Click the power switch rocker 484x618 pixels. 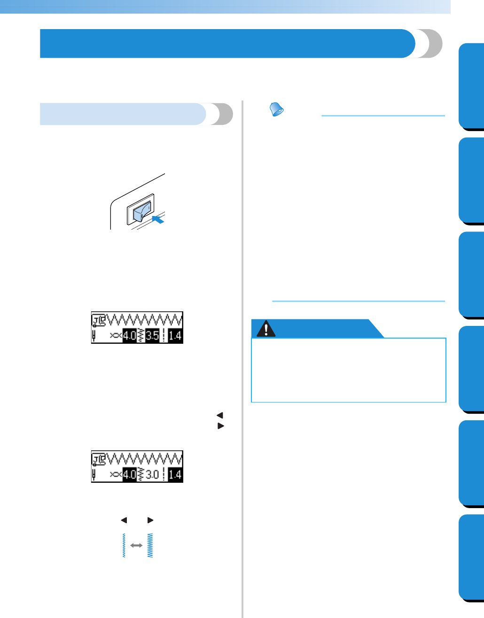[x=141, y=212]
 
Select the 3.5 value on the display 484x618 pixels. [x=152, y=336]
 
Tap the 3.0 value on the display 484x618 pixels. [x=152, y=475]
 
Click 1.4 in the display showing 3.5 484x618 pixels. [x=175, y=336]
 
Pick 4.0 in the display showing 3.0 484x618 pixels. [x=129, y=475]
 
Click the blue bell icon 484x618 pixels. [x=276, y=110]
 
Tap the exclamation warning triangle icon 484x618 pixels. [x=266, y=329]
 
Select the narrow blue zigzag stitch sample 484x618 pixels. [x=124, y=545]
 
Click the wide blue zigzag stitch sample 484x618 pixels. [x=150, y=545]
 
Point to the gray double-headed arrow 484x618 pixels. [x=136, y=545]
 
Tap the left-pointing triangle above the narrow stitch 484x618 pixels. [x=124, y=520]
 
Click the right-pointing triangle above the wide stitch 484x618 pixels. [x=150, y=520]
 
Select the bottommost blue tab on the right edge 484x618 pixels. [x=471, y=557]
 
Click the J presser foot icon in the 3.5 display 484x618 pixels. [x=99, y=319]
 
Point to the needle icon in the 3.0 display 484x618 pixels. [x=94, y=475]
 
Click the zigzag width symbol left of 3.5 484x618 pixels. [x=140, y=336]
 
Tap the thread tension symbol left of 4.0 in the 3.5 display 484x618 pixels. [x=116, y=336]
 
